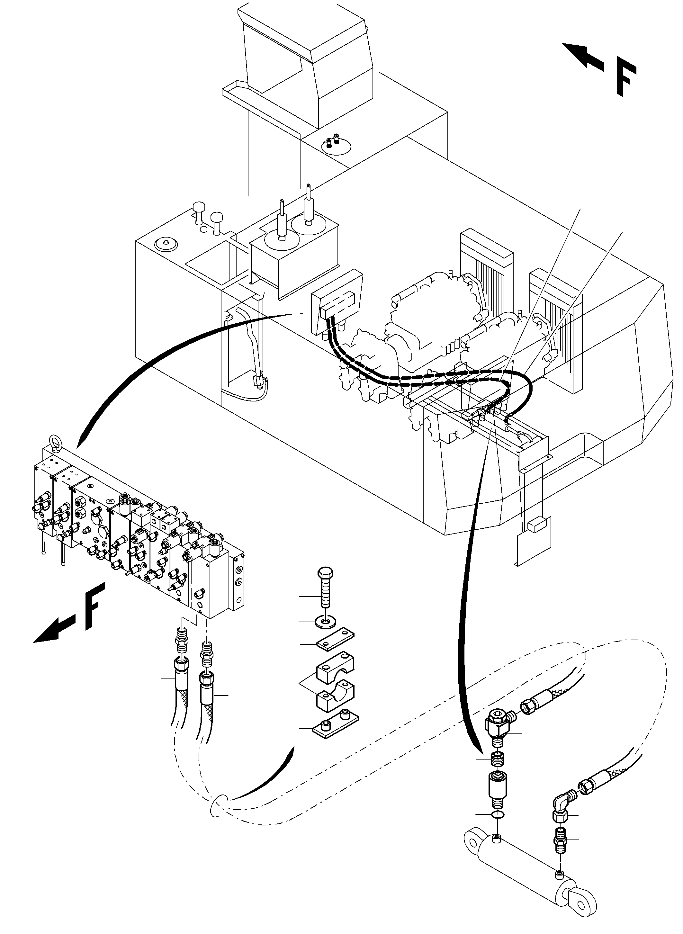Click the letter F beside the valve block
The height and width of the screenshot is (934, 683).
pos(94,606)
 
